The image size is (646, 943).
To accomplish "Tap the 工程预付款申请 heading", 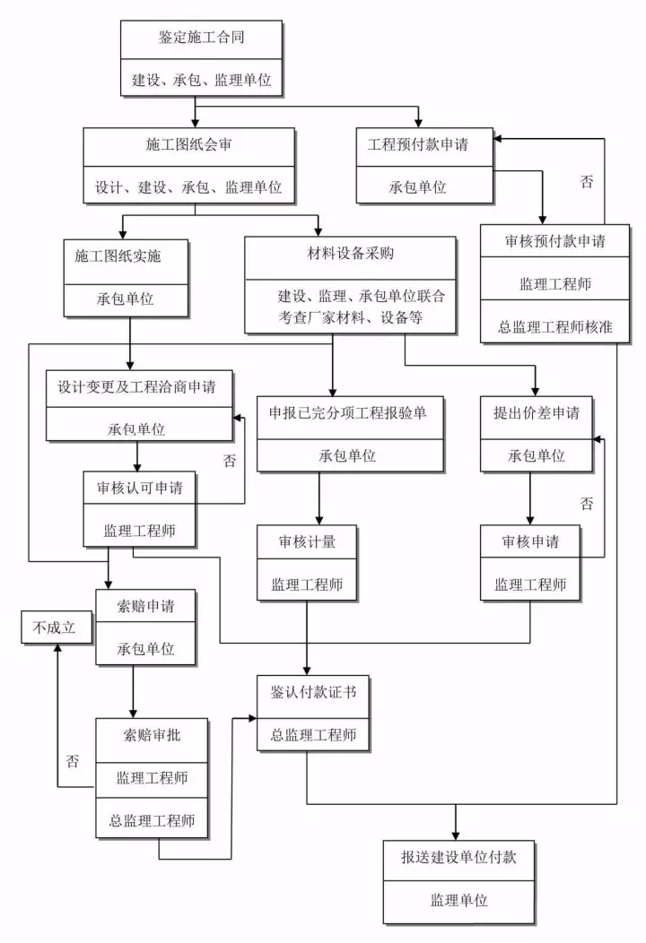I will (423, 143).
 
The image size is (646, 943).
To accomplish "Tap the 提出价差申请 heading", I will (537, 412).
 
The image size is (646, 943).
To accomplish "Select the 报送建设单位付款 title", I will (458, 856).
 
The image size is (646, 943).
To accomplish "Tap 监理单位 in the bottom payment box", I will (458, 899).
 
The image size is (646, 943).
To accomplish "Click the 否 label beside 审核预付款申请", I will (587, 182).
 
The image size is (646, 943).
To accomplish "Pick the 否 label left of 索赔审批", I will (73, 761).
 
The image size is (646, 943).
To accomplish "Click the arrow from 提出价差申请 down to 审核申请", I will (529, 497).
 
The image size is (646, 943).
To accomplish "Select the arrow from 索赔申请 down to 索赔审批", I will (133, 690).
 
